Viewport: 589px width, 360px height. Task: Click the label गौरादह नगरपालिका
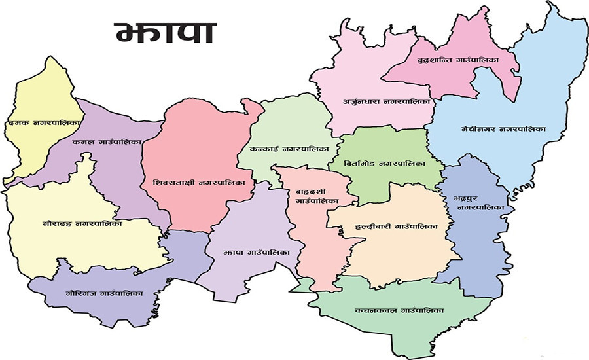pyautogui.click(x=82, y=223)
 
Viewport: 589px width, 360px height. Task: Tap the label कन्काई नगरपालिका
pyautogui.click(x=290, y=149)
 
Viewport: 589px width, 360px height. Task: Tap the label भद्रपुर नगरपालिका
pyautogui.click(x=473, y=202)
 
